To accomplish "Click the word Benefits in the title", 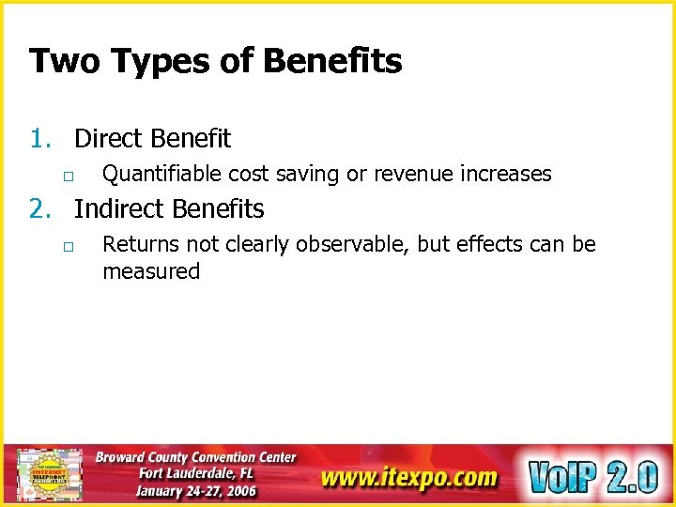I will pyautogui.click(x=332, y=62).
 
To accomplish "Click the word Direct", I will pyautogui.click(x=109, y=139).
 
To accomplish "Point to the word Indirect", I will pyautogui.click(x=118, y=208).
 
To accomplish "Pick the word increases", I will pyautogui.click(x=507, y=175).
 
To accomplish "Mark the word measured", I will pyautogui.click(x=151, y=272).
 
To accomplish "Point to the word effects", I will pyautogui.click(x=496, y=245).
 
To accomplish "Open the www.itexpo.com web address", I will pyautogui.click(x=408, y=478).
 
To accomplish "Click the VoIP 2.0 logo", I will pyautogui.click(x=593, y=476).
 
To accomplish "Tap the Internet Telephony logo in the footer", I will pyautogui.click(x=48, y=475).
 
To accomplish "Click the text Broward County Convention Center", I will pyautogui.click(x=195, y=457).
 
